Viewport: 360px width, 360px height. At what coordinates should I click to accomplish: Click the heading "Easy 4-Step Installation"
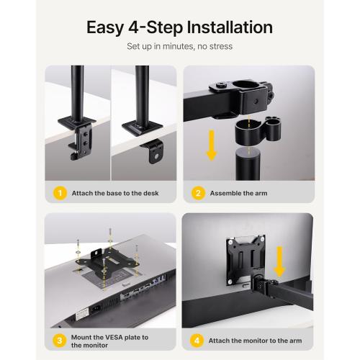click(x=179, y=28)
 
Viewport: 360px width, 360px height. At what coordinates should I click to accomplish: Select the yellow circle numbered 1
click(x=61, y=193)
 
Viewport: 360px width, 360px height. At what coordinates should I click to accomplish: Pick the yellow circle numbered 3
click(x=61, y=340)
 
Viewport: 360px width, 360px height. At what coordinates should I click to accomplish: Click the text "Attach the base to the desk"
click(x=115, y=193)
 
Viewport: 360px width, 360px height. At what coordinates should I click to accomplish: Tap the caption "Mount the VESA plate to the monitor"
click(x=109, y=340)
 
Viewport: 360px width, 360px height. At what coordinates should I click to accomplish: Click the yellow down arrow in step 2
click(x=211, y=143)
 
